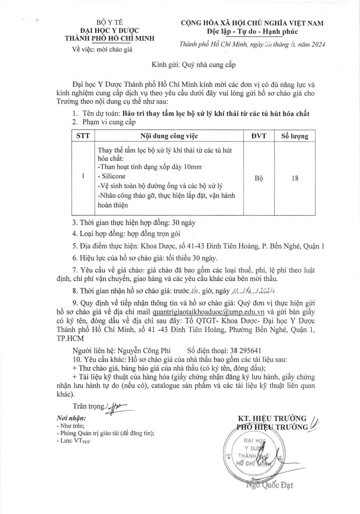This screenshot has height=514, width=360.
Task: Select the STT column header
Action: coord(83,136)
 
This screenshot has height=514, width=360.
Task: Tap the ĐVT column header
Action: coord(259,136)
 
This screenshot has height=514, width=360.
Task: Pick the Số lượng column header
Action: coord(294,136)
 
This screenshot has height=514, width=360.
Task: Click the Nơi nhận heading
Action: coord(71,418)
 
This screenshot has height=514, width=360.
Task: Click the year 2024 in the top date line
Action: coord(317,44)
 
